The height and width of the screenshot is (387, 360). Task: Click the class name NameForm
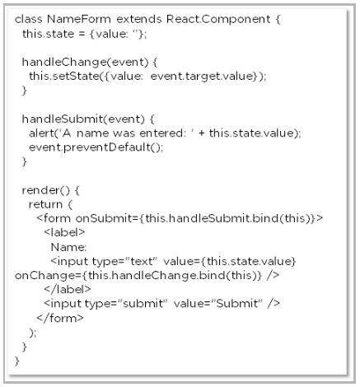79,19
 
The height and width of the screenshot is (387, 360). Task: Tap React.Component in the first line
218,20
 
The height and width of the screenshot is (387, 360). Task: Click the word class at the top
29,19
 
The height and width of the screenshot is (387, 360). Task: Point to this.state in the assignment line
49,34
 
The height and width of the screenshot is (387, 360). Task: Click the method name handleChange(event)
85,62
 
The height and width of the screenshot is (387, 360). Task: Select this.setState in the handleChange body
64,76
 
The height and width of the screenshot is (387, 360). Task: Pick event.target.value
202,77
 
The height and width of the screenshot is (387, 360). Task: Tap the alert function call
41,133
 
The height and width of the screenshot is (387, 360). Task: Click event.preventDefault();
96,147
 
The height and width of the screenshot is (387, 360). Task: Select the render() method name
46,190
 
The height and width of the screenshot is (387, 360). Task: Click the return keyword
45,204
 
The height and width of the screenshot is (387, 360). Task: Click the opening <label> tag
64,233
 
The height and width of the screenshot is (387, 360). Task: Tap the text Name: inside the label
68,247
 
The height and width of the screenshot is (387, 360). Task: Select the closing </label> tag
68,289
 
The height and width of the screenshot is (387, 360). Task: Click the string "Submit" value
237,304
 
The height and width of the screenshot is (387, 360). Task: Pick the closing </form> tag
60,318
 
